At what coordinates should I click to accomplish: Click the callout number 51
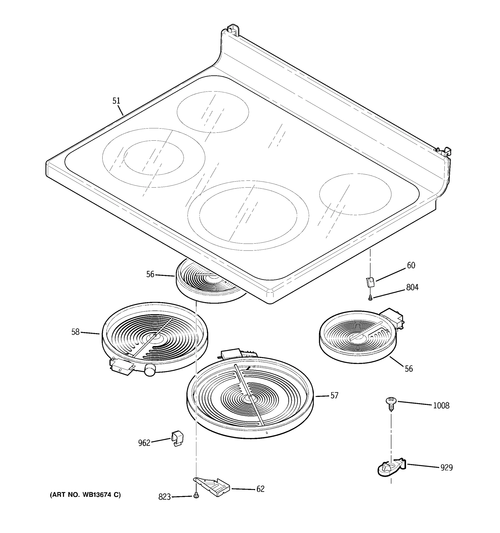tap(116, 101)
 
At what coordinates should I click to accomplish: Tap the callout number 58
tap(75, 332)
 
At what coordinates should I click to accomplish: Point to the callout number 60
tap(411, 265)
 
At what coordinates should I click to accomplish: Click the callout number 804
tap(412, 287)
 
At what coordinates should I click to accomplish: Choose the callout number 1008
tap(441, 405)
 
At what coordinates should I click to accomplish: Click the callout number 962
tap(144, 443)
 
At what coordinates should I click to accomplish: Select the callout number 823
tap(164, 497)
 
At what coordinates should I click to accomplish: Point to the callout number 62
tap(260, 489)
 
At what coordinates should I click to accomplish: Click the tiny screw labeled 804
tap(370, 297)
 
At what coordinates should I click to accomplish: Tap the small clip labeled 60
tap(370, 282)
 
